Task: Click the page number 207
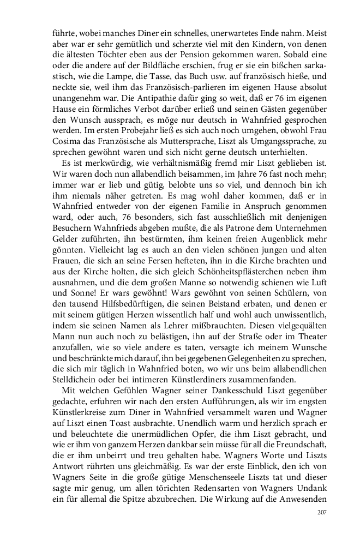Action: pyautogui.click(x=321, y=512)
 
